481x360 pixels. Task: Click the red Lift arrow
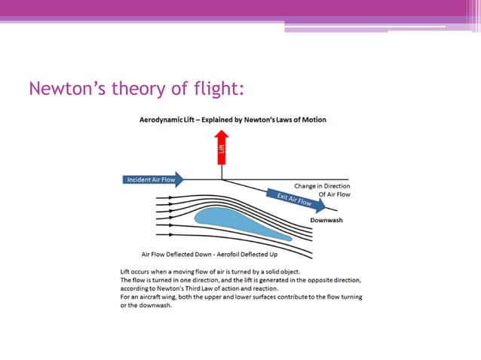pos(222,151)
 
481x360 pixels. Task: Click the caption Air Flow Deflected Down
pos(175,254)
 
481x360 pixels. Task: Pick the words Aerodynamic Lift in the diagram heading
pos(169,120)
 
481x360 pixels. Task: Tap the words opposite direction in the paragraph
pos(335,279)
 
